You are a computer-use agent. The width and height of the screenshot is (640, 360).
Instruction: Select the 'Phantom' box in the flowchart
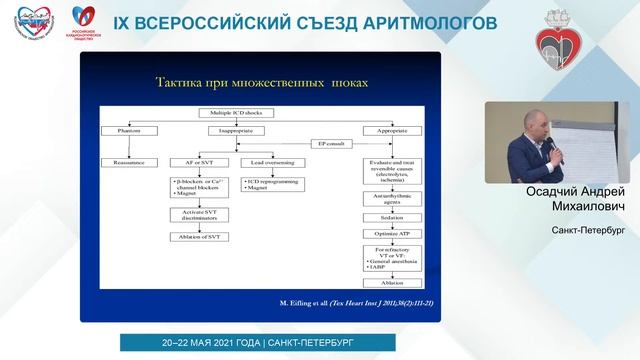pyautogui.click(x=127, y=132)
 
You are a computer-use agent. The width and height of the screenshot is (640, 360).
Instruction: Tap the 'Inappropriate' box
pyautogui.click(x=232, y=132)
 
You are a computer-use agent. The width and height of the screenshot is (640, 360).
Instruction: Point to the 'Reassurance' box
pyautogui.click(x=127, y=162)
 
